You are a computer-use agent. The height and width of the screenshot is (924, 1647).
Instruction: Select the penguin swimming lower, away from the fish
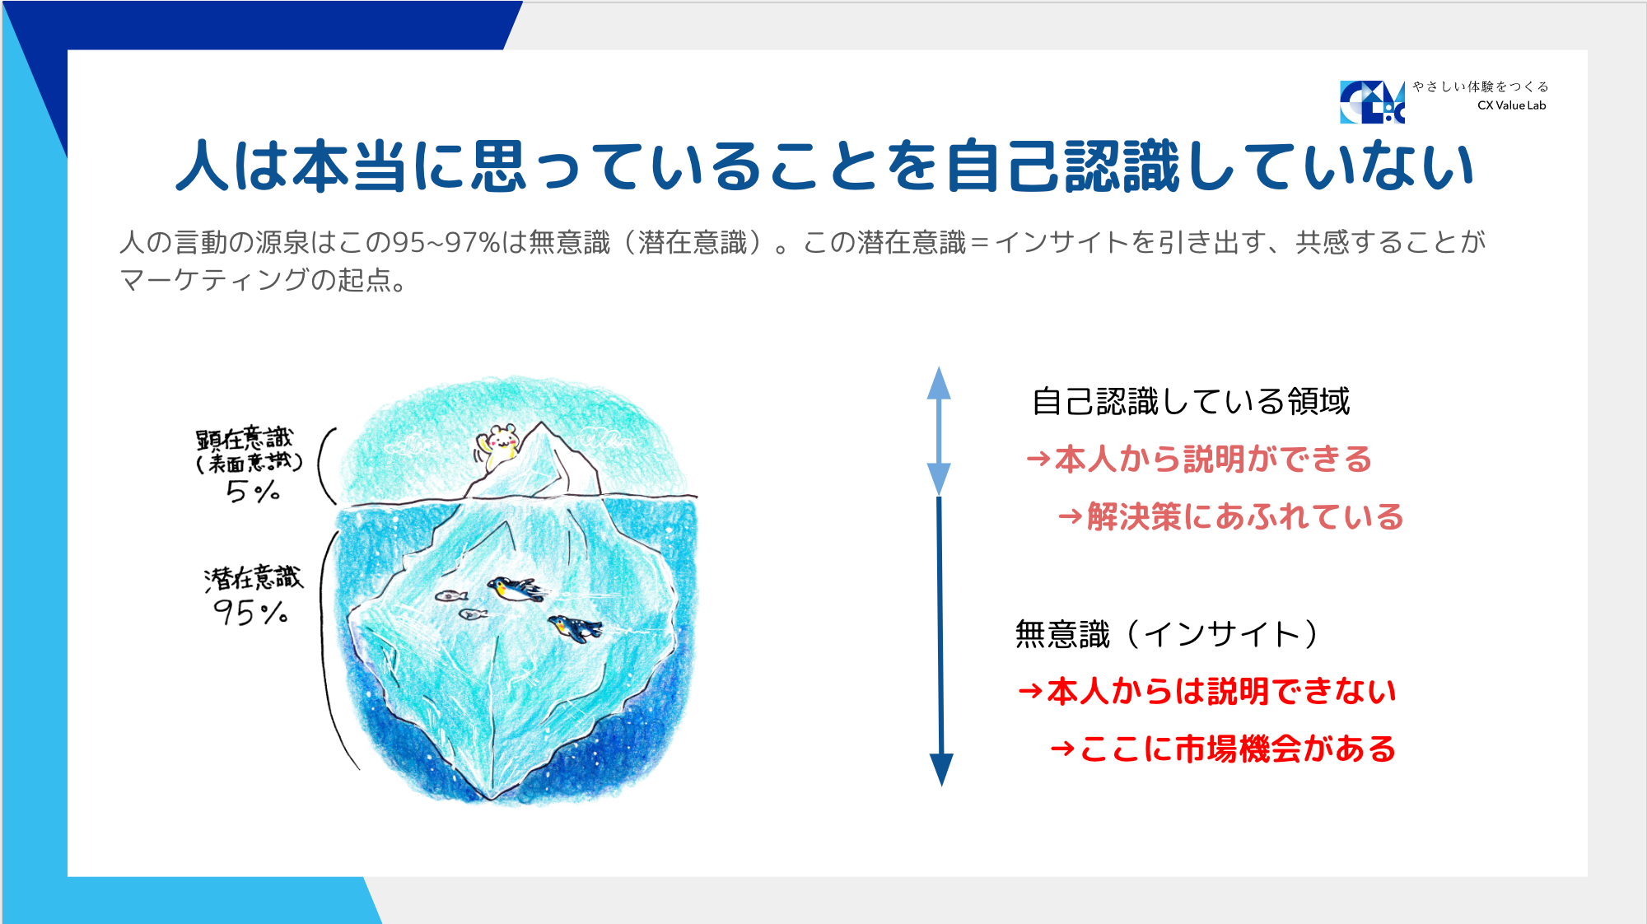click(575, 628)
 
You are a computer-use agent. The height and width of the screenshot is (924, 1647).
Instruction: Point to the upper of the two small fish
click(451, 595)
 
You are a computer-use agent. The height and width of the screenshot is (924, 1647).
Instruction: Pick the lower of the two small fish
click(473, 614)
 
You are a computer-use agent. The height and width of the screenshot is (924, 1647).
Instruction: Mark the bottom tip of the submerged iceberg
click(492, 797)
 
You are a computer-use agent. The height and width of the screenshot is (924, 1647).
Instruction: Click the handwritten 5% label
click(253, 492)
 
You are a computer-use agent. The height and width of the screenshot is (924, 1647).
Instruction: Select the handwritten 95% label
click(250, 613)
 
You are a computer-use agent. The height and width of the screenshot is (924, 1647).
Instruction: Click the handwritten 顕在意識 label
click(245, 437)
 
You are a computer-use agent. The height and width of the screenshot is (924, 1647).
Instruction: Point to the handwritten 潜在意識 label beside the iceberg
click(254, 578)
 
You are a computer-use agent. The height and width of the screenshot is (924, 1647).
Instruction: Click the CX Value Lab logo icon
click(1372, 102)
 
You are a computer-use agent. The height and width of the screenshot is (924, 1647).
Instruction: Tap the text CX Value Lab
click(1511, 105)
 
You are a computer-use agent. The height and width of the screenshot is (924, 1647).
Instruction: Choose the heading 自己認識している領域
click(1191, 401)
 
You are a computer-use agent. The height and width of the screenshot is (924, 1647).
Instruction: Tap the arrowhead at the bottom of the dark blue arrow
click(941, 769)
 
